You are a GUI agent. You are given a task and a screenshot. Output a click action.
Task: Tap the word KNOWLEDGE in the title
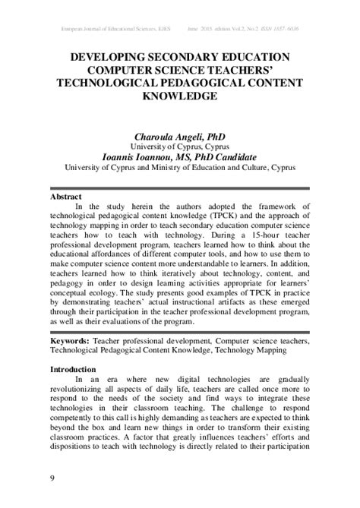click(x=180, y=97)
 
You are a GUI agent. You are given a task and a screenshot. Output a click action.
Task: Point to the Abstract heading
click(x=65, y=195)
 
